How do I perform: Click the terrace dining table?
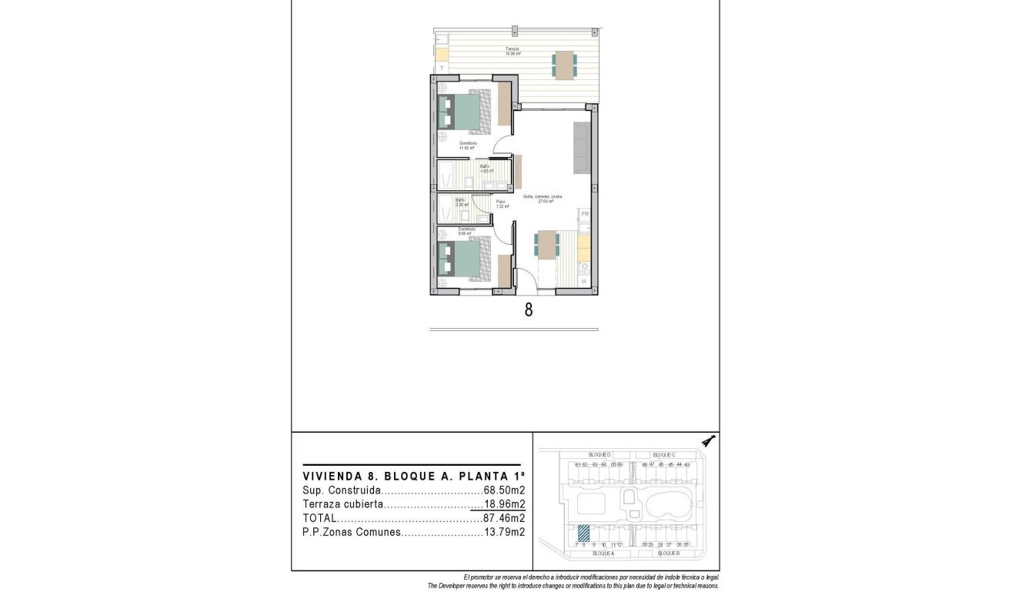click(565, 65)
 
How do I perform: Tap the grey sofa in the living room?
click(581, 149)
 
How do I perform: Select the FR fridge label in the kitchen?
click(584, 213)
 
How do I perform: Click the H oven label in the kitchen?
click(583, 282)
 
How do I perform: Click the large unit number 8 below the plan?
click(529, 311)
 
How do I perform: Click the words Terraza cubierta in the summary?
click(342, 504)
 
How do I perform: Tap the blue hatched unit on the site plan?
click(584, 533)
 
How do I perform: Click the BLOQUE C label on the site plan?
click(663, 455)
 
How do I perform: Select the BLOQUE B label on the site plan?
click(668, 554)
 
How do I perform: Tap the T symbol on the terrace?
click(442, 69)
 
